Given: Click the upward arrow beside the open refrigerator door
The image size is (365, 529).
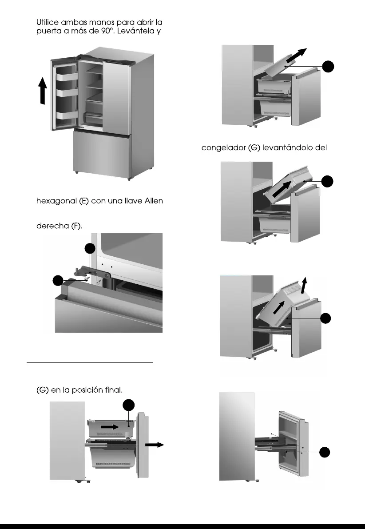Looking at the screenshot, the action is click(x=43, y=91).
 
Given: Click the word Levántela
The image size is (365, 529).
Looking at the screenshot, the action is click(x=140, y=32).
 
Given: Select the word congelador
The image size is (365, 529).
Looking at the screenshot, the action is click(x=224, y=148).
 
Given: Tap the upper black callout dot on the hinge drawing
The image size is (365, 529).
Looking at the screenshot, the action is click(x=90, y=248).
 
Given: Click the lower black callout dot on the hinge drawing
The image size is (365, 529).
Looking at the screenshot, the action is click(x=57, y=281).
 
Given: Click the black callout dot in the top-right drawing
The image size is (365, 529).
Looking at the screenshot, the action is click(x=328, y=67).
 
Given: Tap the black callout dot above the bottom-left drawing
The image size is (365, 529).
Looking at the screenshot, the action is click(x=129, y=405).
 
